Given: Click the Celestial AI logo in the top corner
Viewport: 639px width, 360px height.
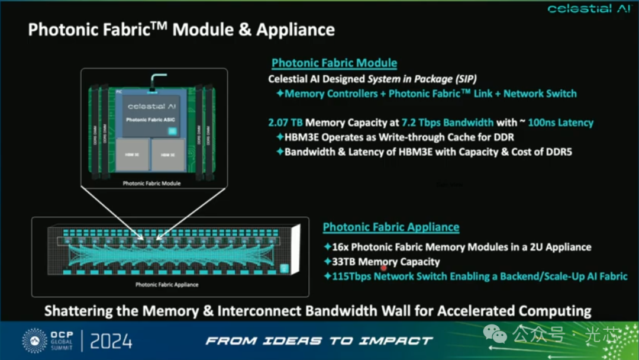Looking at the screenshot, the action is click(589, 8).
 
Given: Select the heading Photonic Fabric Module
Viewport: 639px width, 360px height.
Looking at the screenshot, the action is click(334, 63).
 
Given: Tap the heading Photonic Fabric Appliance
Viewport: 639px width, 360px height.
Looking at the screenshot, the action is click(391, 227).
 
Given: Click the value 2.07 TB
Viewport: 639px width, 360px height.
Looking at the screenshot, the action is click(285, 123).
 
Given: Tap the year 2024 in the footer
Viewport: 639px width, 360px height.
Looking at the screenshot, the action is click(111, 341).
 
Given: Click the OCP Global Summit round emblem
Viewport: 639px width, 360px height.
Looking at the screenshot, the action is click(34, 341).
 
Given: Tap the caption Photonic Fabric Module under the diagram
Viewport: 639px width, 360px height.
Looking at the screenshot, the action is click(151, 184).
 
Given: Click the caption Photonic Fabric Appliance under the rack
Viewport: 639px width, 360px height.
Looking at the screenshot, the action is click(167, 285).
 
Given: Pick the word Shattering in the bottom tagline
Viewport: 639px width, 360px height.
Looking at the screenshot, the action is click(79, 310).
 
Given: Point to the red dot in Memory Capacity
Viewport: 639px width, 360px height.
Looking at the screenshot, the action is click(383, 268).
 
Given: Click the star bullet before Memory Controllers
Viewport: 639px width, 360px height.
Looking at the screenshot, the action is click(280, 94).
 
